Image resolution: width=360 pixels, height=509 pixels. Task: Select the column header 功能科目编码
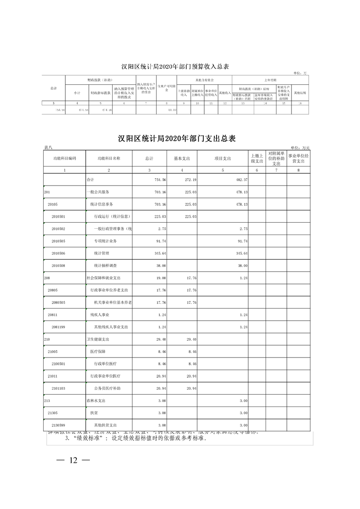64,158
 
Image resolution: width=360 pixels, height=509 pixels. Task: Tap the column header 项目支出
223,158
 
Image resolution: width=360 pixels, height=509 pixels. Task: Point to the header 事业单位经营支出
298,158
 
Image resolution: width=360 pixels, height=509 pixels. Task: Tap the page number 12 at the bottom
74,460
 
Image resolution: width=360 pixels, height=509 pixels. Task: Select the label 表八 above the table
49,148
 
